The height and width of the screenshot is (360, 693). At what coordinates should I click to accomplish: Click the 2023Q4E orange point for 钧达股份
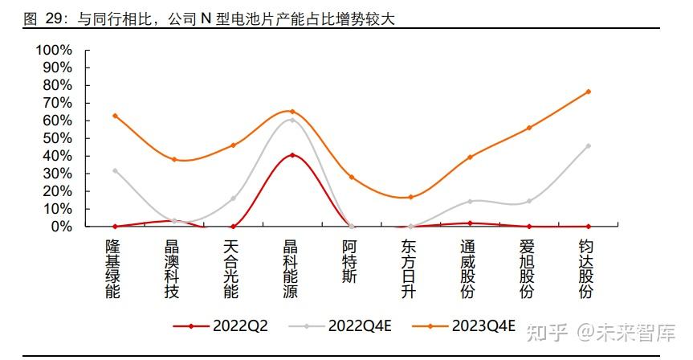tap(589, 92)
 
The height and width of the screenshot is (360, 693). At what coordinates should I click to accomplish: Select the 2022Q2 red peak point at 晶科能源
tap(292, 155)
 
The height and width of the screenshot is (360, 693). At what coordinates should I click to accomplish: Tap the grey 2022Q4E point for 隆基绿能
tap(116, 170)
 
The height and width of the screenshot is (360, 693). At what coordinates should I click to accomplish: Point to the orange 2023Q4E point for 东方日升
tap(410, 197)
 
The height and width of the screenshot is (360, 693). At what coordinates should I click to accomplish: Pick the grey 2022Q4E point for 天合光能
tap(234, 198)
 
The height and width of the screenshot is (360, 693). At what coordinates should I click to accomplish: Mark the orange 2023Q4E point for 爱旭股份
tap(529, 129)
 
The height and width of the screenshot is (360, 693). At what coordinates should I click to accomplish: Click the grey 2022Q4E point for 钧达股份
tap(589, 146)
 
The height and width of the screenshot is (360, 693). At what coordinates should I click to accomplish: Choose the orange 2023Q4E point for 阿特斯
tap(352, 178)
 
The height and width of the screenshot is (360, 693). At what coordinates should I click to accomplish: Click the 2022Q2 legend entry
tap(221, 326)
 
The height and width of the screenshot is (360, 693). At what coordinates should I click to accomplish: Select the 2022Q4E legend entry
tap(340, 326)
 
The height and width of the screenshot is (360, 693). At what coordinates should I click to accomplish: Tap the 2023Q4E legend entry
tap(463, 326)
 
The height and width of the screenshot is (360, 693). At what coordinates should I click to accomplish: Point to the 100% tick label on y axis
tap(54, 50)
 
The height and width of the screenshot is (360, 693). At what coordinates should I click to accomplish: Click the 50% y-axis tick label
tap(58, 138)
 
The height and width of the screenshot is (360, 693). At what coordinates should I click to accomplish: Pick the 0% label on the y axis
tap(62, 227)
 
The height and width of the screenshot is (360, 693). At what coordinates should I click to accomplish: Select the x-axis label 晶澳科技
tap(172, 269)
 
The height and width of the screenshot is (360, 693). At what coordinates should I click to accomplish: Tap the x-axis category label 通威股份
tap(467, 269)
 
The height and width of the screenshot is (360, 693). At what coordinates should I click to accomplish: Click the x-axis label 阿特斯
tap(349, 262)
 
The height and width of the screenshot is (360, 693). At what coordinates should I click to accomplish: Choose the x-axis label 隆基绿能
tap(112, 269)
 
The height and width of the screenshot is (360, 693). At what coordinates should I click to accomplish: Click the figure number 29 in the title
tap(55, 19)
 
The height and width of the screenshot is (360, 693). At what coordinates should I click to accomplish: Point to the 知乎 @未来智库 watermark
tap(601, 333)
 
